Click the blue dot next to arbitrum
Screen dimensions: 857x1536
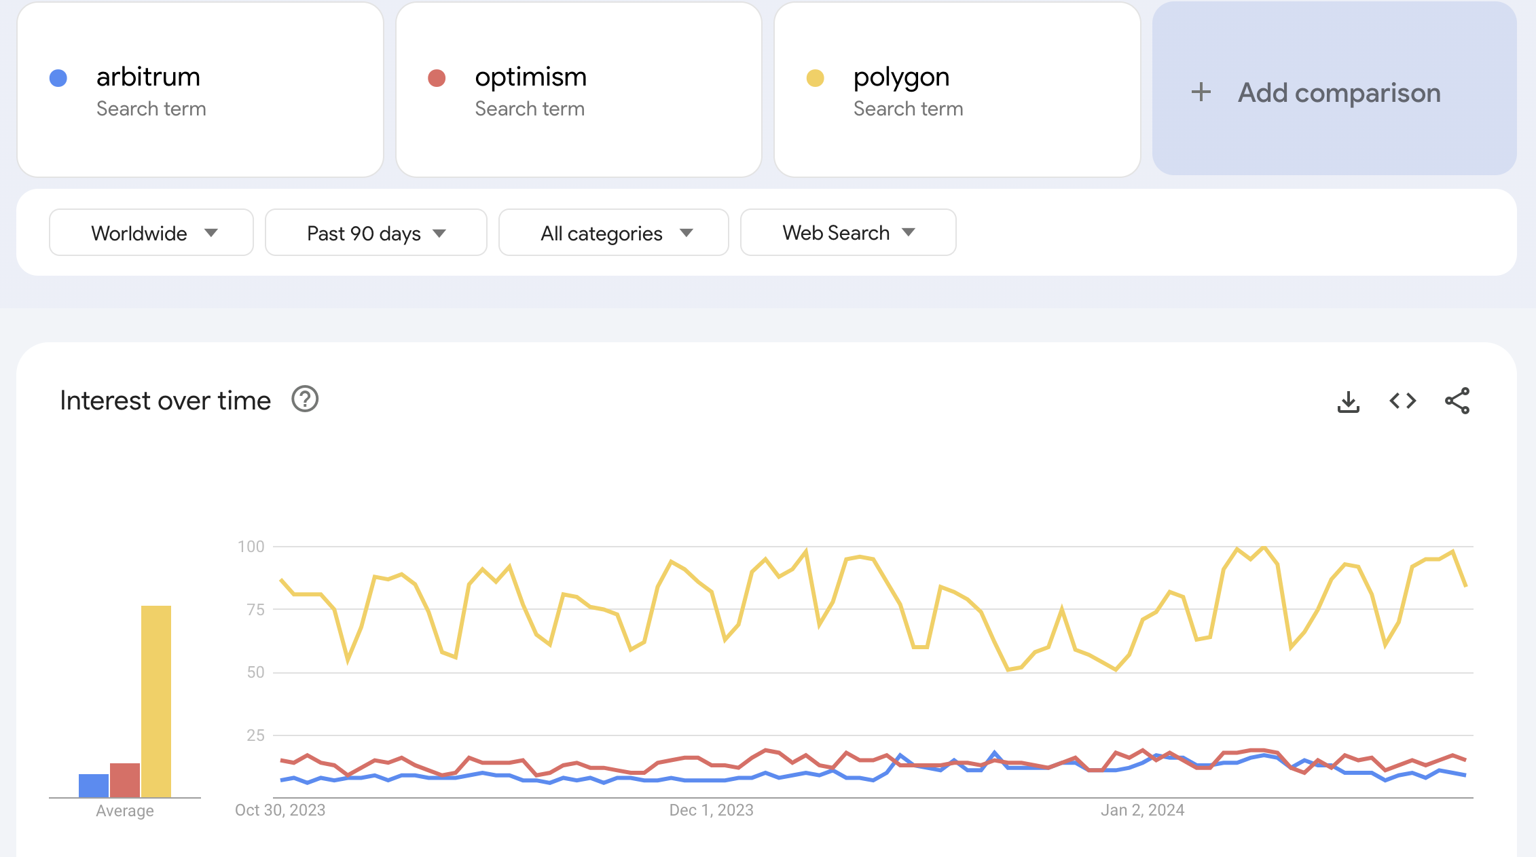[58, 78]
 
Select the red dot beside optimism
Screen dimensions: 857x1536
[437, 78]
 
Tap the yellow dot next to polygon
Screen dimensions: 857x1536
[815, 78]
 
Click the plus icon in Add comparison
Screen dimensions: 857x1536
[1201, 92]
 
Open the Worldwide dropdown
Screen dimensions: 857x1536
[151, 233]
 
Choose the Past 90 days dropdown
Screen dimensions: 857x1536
[376, 233]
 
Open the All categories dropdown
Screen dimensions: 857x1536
[614, 233]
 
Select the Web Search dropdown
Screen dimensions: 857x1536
[848, 233]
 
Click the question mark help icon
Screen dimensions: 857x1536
[305, 399]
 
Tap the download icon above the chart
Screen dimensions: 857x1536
[1348, 401]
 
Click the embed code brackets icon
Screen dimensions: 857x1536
[1403, 401]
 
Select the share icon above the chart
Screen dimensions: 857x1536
[1457, 401]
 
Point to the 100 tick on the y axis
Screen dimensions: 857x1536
[251, 547]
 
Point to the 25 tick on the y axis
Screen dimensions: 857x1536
[255, 735]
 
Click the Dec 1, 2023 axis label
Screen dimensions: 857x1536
[711, 810]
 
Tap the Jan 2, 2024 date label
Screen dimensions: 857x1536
[1142, 810]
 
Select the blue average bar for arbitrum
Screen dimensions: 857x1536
[94, 786]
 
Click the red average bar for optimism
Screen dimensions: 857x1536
[125, 780]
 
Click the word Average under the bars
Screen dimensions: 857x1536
[125, 811]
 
